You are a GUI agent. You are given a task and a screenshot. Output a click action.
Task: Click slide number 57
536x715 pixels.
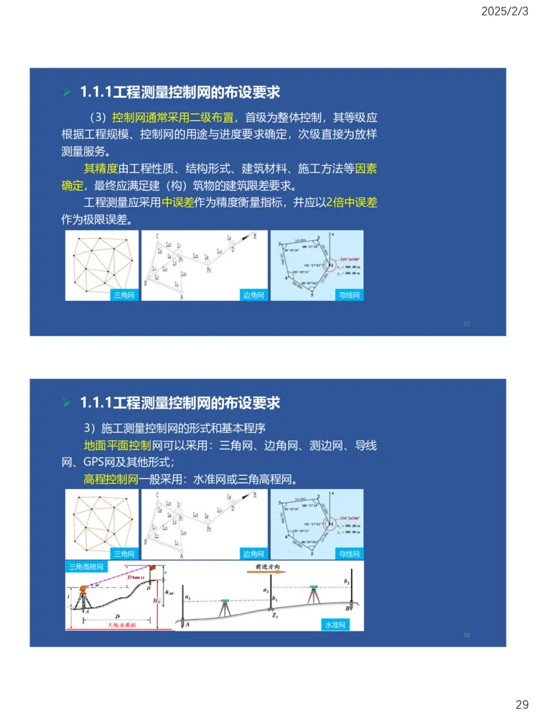[466, 324]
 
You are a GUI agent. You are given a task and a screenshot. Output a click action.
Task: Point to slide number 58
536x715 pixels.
[466, 635]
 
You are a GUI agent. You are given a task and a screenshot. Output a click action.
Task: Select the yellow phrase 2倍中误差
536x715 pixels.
[352, 202]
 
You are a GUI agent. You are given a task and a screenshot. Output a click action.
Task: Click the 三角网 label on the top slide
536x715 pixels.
[124, 295]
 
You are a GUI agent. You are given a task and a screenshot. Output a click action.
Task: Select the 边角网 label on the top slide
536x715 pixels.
[253, 295]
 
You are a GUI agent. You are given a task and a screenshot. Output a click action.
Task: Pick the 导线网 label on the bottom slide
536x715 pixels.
[350, 554]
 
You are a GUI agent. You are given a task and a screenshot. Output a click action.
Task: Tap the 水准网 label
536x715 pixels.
[335, 625]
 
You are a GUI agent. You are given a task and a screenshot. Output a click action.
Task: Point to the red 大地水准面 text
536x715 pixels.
[122, 625]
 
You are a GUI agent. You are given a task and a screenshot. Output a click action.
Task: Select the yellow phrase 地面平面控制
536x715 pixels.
[117, 445]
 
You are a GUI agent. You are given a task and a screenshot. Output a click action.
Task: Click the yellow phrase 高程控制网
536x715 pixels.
[111, 479]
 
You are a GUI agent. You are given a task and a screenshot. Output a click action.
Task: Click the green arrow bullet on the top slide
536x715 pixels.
[66, 92]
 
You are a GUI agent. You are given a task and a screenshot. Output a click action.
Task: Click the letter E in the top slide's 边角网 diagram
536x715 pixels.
[255, 236]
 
